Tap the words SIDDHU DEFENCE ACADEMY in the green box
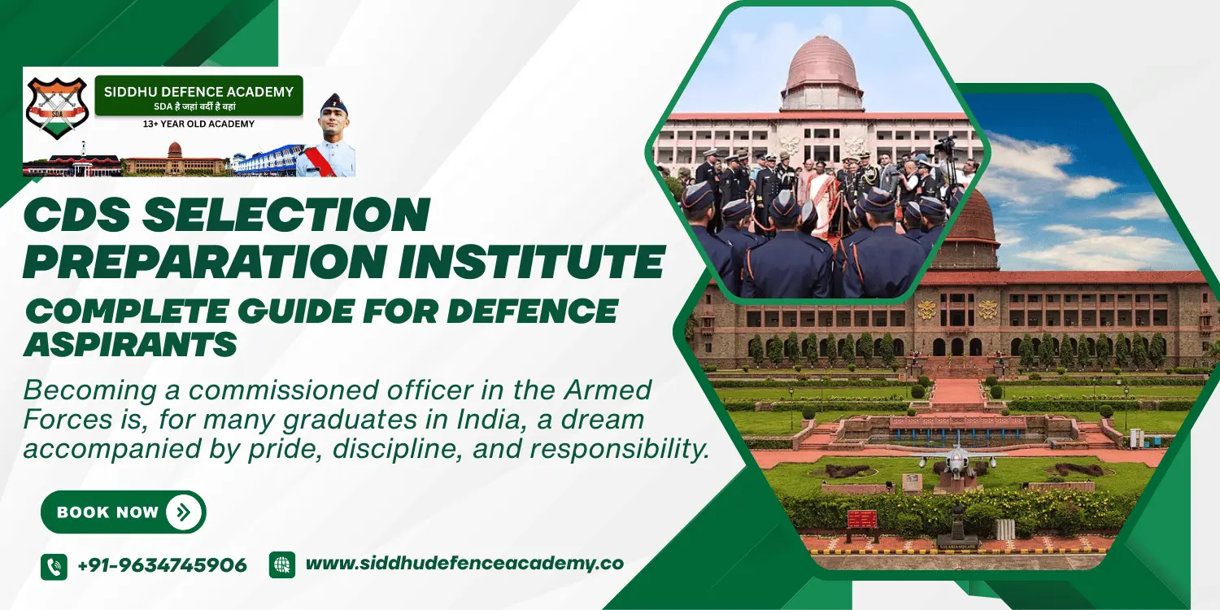pyautogui.click(x=198, y=92)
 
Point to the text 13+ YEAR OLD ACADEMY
pyautogui.click(x=198, y=124)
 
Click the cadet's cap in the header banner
pyautogui.click(x=333, y=103)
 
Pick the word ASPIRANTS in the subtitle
pyautogui.click(x=130, y=345)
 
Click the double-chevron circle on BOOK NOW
pyautogui.click(x=183, y=512)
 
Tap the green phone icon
pyautogui.click(x=54, y=566)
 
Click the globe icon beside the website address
pyautogui.click(x=282, y=564)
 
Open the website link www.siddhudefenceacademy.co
pyautogui.click(x=464, y=563)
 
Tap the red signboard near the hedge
pyautogui.click(x=862, y=518)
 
